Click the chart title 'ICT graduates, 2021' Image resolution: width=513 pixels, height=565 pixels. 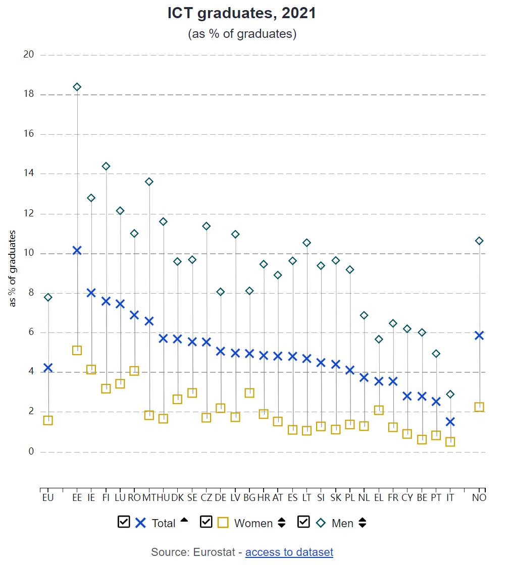[242, 14]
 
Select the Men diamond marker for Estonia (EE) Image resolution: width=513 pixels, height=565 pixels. [77, 87]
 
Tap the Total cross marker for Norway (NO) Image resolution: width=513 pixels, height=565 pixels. [479, 335]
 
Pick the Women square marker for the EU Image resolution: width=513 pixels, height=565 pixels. [48, 420]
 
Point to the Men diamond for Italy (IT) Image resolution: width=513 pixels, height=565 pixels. [450, 394]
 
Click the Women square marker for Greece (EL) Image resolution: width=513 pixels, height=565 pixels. [379, 410]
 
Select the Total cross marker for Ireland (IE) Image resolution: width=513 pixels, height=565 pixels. [91, 293]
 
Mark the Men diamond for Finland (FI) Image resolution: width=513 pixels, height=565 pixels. [106, 166]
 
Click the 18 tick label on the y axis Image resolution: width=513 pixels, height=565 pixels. [29, 94]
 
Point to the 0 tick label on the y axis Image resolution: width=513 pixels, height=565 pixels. [31, 451]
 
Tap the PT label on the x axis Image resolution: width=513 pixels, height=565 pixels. [436, 498]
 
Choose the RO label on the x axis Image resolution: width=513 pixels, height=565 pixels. [134, 498]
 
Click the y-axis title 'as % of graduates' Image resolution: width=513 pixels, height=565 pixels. [13, 268]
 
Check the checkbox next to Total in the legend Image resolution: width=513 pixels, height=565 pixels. [124, 522]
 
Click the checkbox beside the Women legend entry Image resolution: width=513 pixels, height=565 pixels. [207, 522]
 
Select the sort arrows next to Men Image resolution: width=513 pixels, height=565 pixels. [362, 523]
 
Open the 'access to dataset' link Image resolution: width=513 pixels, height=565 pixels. [289, 552]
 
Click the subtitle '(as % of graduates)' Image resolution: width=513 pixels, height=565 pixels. [242, 34]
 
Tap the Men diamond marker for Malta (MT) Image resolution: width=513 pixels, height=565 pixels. [149, 182]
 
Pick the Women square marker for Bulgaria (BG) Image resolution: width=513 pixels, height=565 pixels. [249, 392]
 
